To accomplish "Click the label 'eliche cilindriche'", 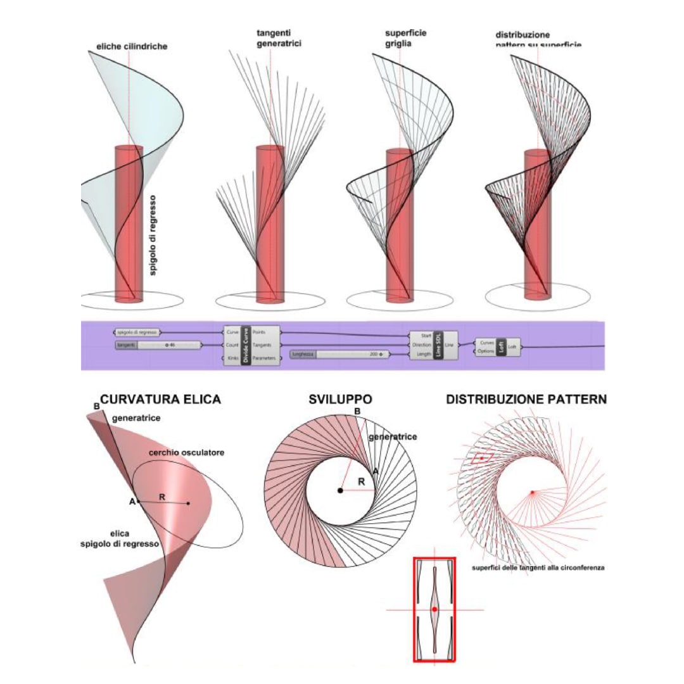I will click(132, 47).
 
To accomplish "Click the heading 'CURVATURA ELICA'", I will click(160, 400).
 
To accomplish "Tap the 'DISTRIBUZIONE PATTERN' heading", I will click(526, 400).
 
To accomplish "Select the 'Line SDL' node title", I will click(437, 345).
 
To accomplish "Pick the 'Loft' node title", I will click(500, 346).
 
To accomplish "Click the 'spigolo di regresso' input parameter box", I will click(137, 332).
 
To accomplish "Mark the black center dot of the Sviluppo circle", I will click(341, 491).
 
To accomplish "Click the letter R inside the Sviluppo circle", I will click(361, 481).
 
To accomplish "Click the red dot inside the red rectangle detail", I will click(434, 609).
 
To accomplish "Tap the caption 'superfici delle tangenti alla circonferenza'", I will click(538, 568).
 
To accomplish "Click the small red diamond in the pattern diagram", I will click(482, 457).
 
